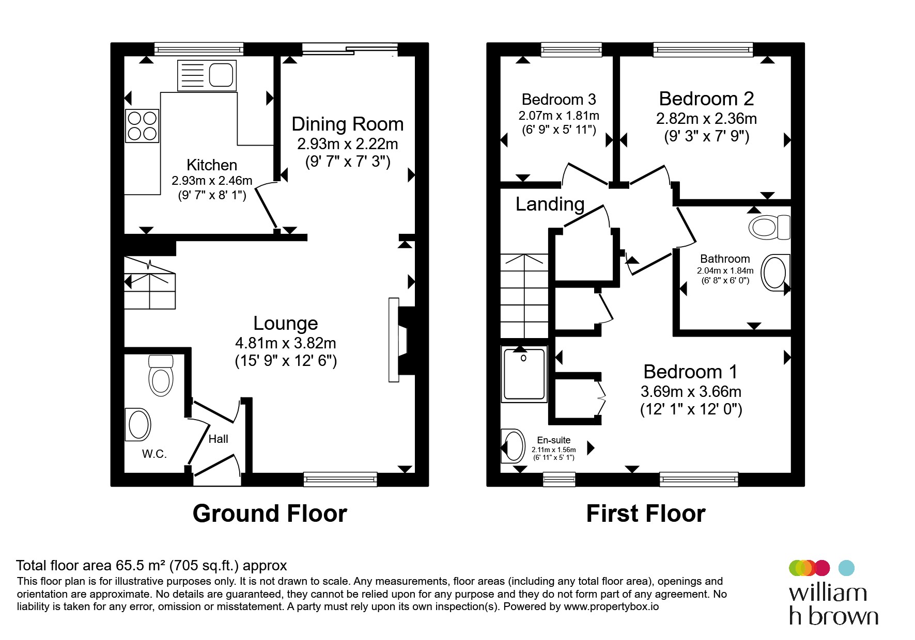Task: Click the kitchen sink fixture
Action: pyautogui.click(x=207, y=75)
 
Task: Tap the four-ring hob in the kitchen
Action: pyautogui.click(x=142, y=126)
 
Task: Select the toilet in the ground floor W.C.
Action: pyautogui.click(x=161, y=375)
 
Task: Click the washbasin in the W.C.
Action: pyautogui.click(x=137, y=424)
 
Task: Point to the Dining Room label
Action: pyautogui.click(x=347, y=124)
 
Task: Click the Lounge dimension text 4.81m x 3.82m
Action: pyautogui.click(x=286, y=343)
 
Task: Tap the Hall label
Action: pyautogui.click(x=218, y=439)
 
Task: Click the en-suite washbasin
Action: pyautogui.click(x=513, y=445)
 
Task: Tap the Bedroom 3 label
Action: pyautogui.click(x=559, y=99)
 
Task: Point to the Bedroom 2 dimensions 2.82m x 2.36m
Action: pyautogui.click(x=706, y=119)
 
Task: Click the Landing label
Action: pyautogui.click(x=550, y=204)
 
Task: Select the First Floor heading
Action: pyautogui.click(x=645, y=514)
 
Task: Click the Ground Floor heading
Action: pyautogui.click(x=270, y=514)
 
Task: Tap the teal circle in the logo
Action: pyautogui.click(x=846, y=568)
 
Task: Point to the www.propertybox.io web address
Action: pyautogui.click(x=611, y=607)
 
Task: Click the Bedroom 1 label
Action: pyautogui.click(x=690, y=372)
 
